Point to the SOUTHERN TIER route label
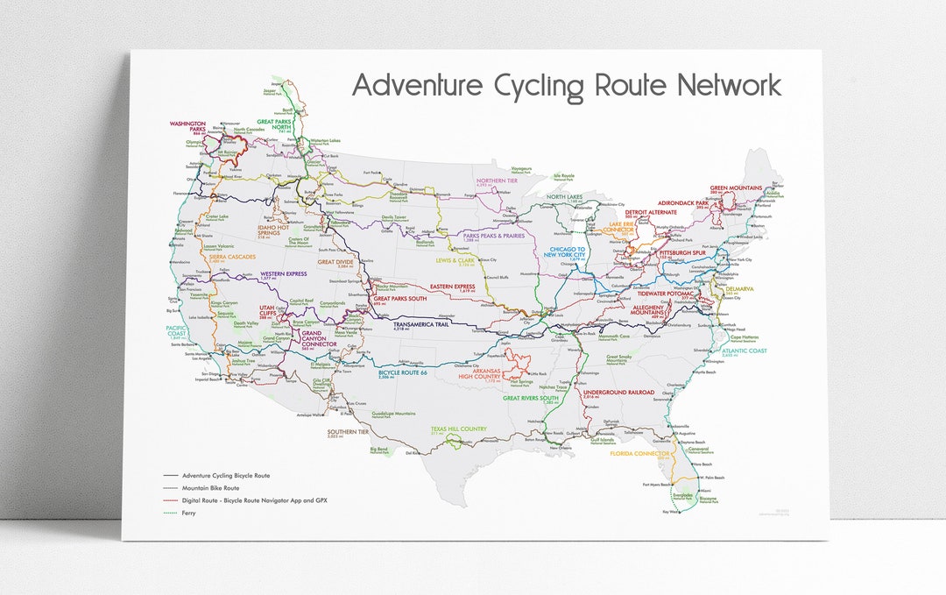tap(349, 432)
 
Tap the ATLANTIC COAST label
tap(745, 351)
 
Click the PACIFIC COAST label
tap(177, 331)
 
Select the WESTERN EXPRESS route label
tap(284, 273)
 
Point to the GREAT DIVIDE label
tap(335, 261)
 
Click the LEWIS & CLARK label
tap(456, 260)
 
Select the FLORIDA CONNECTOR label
tap(640, 453)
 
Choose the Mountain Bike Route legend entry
tap(210, 488)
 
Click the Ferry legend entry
tap(187, 513)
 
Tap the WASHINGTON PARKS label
tap(187, 126)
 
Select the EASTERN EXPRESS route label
tap(452, 287)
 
